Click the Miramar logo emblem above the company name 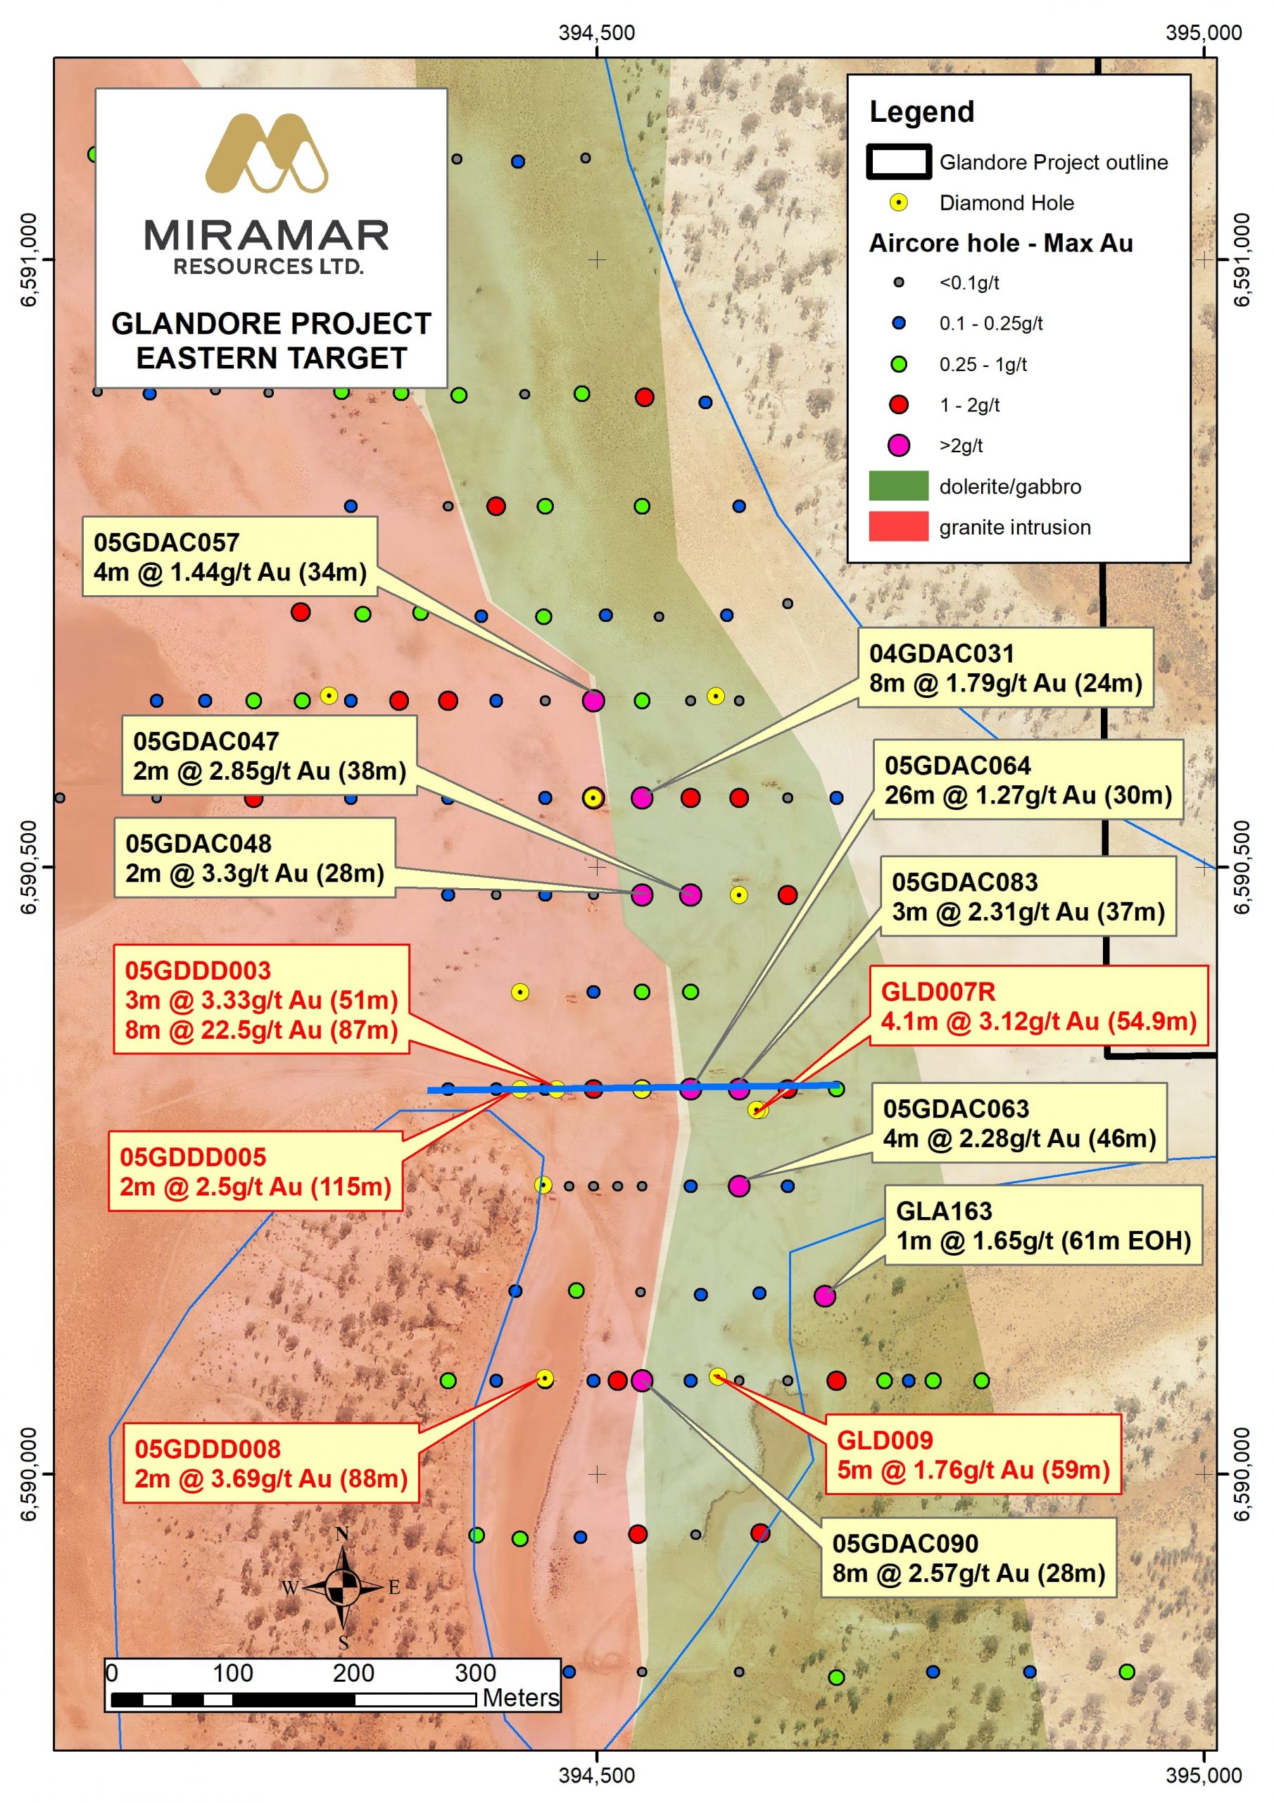click(x=266, y=153)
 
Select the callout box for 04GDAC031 click(x=1004, y=668)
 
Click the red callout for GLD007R click(x=1038, y=1006)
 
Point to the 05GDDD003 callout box click(x=261, y=999)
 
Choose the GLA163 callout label click(x=1043, y=1225)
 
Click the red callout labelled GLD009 click(x=973, y=1455)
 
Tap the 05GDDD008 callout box click(x=271, y=1464)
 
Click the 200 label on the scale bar click(x=353, y=1673)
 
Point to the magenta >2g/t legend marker click(x=898, y=445)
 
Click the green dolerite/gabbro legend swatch click(x=898, y=486)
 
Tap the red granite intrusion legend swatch click(x=898, y=527)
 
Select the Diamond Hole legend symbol click(x=898, y=203)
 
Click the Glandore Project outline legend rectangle click(x=899, y=162)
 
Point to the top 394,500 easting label click(x=597, y=33)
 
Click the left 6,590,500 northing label click(x=28, y=867)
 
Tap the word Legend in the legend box click(x=921, y=112)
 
